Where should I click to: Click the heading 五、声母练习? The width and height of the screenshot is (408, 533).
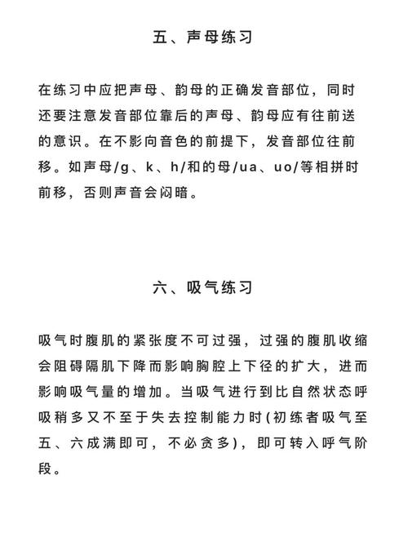pos(203,37)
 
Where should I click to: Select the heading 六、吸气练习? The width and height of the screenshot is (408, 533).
pos(203,288)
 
